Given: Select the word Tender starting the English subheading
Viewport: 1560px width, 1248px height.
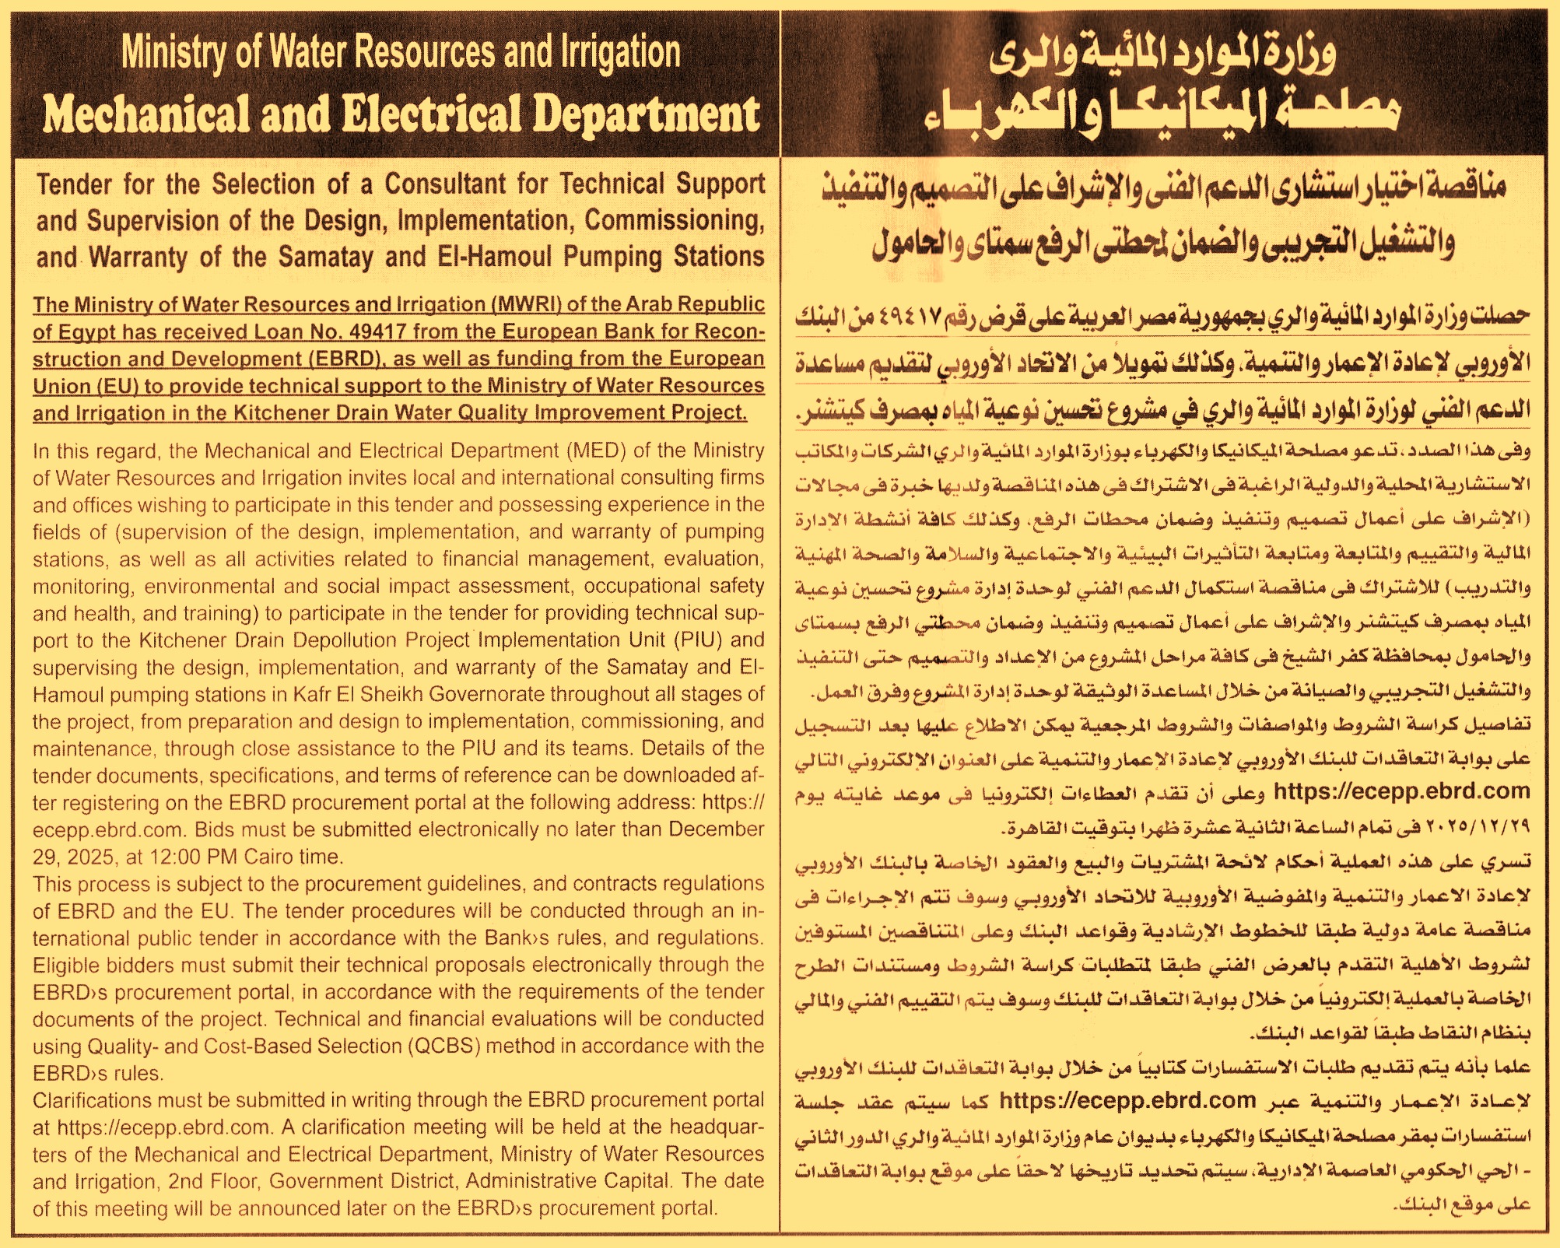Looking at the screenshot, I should (75, 184).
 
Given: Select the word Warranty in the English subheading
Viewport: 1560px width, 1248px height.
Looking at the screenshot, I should (138, 258).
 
